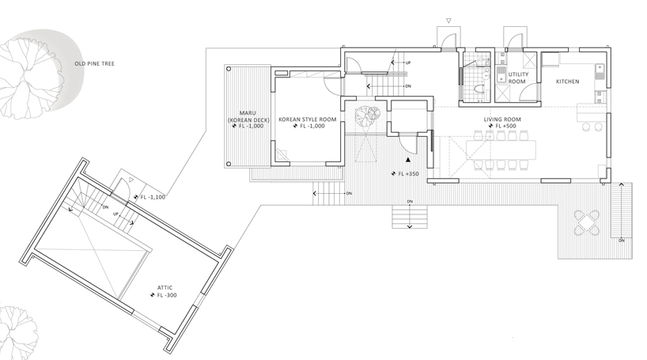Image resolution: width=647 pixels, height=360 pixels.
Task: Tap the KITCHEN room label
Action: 568,81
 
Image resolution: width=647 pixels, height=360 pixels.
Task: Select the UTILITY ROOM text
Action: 517,78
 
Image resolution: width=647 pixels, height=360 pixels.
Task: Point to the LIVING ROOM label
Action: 502,119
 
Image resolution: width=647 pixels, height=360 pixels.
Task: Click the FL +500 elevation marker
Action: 503,126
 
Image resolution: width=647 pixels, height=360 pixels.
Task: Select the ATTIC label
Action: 165,287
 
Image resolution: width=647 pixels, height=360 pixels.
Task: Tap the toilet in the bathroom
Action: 482,91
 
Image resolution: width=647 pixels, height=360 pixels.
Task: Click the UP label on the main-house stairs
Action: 407,62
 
